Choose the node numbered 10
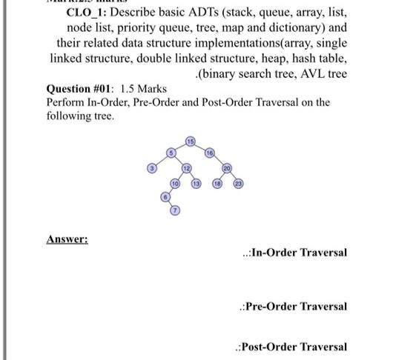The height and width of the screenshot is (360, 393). (x=175, y=181)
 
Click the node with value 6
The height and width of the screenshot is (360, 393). (x=165, y=198)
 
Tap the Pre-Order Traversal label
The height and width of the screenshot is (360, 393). (x=296, y=306)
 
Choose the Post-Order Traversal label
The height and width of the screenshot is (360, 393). (x=294, y=347)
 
